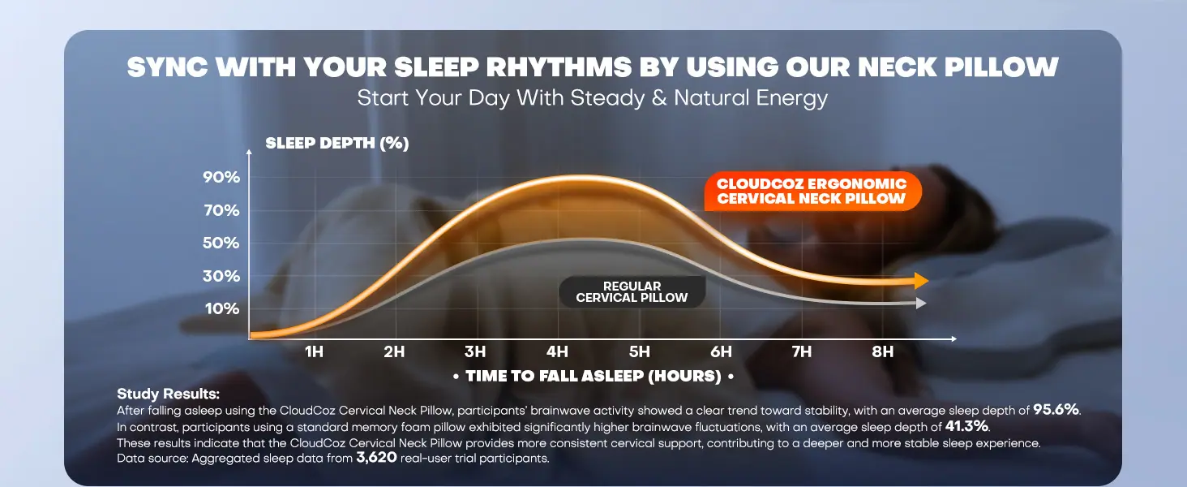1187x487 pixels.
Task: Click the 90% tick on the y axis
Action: point(221,177)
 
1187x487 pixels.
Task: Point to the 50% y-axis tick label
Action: point(221,243)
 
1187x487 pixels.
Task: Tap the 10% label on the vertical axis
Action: point(222,308)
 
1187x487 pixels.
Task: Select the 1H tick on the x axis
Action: point(314,351)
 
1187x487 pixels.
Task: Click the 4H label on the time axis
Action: point(557,351)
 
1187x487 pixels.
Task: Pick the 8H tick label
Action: point(883,351)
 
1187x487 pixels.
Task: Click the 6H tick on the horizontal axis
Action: point(721,351)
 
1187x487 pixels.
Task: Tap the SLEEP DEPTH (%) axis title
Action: point(337,143)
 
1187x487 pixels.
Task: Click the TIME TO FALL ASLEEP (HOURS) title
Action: point(593,376)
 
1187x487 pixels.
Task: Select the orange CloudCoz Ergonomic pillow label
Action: point(812,191)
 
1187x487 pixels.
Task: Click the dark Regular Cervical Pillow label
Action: point(632,291)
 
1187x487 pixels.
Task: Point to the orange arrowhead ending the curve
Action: point(922,281)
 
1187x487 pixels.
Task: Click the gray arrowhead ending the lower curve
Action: point(921,304)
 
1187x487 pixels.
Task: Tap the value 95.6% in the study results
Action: point(1056,410)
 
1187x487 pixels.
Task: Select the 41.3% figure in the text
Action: point(966,426)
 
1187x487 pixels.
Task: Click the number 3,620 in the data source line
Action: point(376,457)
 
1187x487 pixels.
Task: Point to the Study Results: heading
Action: point(168,394)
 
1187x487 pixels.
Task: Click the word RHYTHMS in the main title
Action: point(559,67)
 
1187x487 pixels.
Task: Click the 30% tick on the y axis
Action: point(221,276)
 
